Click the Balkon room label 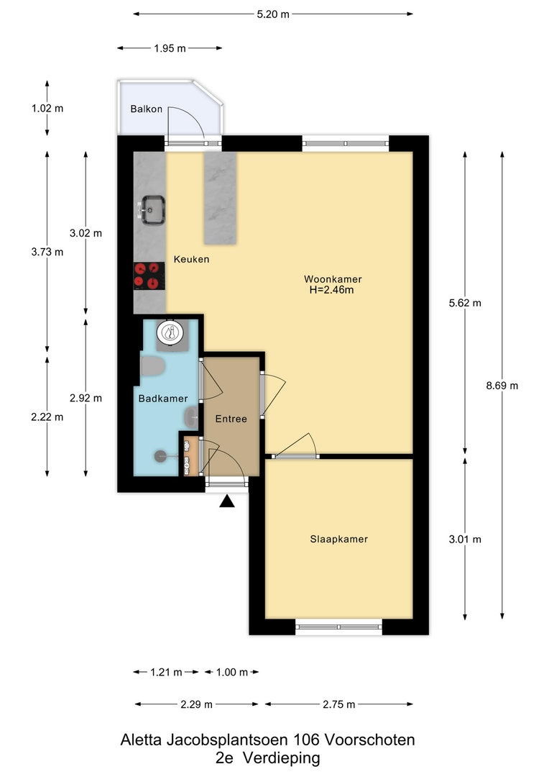coord(146,109)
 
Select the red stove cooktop coord(149,276)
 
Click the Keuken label coord(191,259)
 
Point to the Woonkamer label coord(333,279)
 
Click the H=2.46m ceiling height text coord(332,291)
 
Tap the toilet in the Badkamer coord(152,365)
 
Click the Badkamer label coord(163,399)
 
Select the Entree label coord(231,419)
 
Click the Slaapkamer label coord(339,539)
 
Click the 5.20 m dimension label coord(273,14)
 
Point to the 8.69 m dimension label coord(502,386)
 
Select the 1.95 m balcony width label coord(170,49)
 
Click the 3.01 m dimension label coord(465,539)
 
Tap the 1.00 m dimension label coord(232,673)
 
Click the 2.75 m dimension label coord(339,704)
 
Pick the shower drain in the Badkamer coord(160,456)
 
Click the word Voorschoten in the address coord(370,740)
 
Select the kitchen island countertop coord(221,199)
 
